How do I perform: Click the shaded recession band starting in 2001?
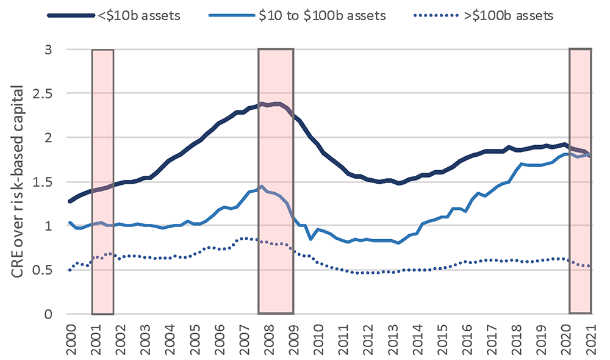(102, 181)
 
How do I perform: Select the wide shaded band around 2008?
(276, 181)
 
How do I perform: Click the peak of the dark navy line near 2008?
(262, 104)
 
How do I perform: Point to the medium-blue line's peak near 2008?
(262, 186)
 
